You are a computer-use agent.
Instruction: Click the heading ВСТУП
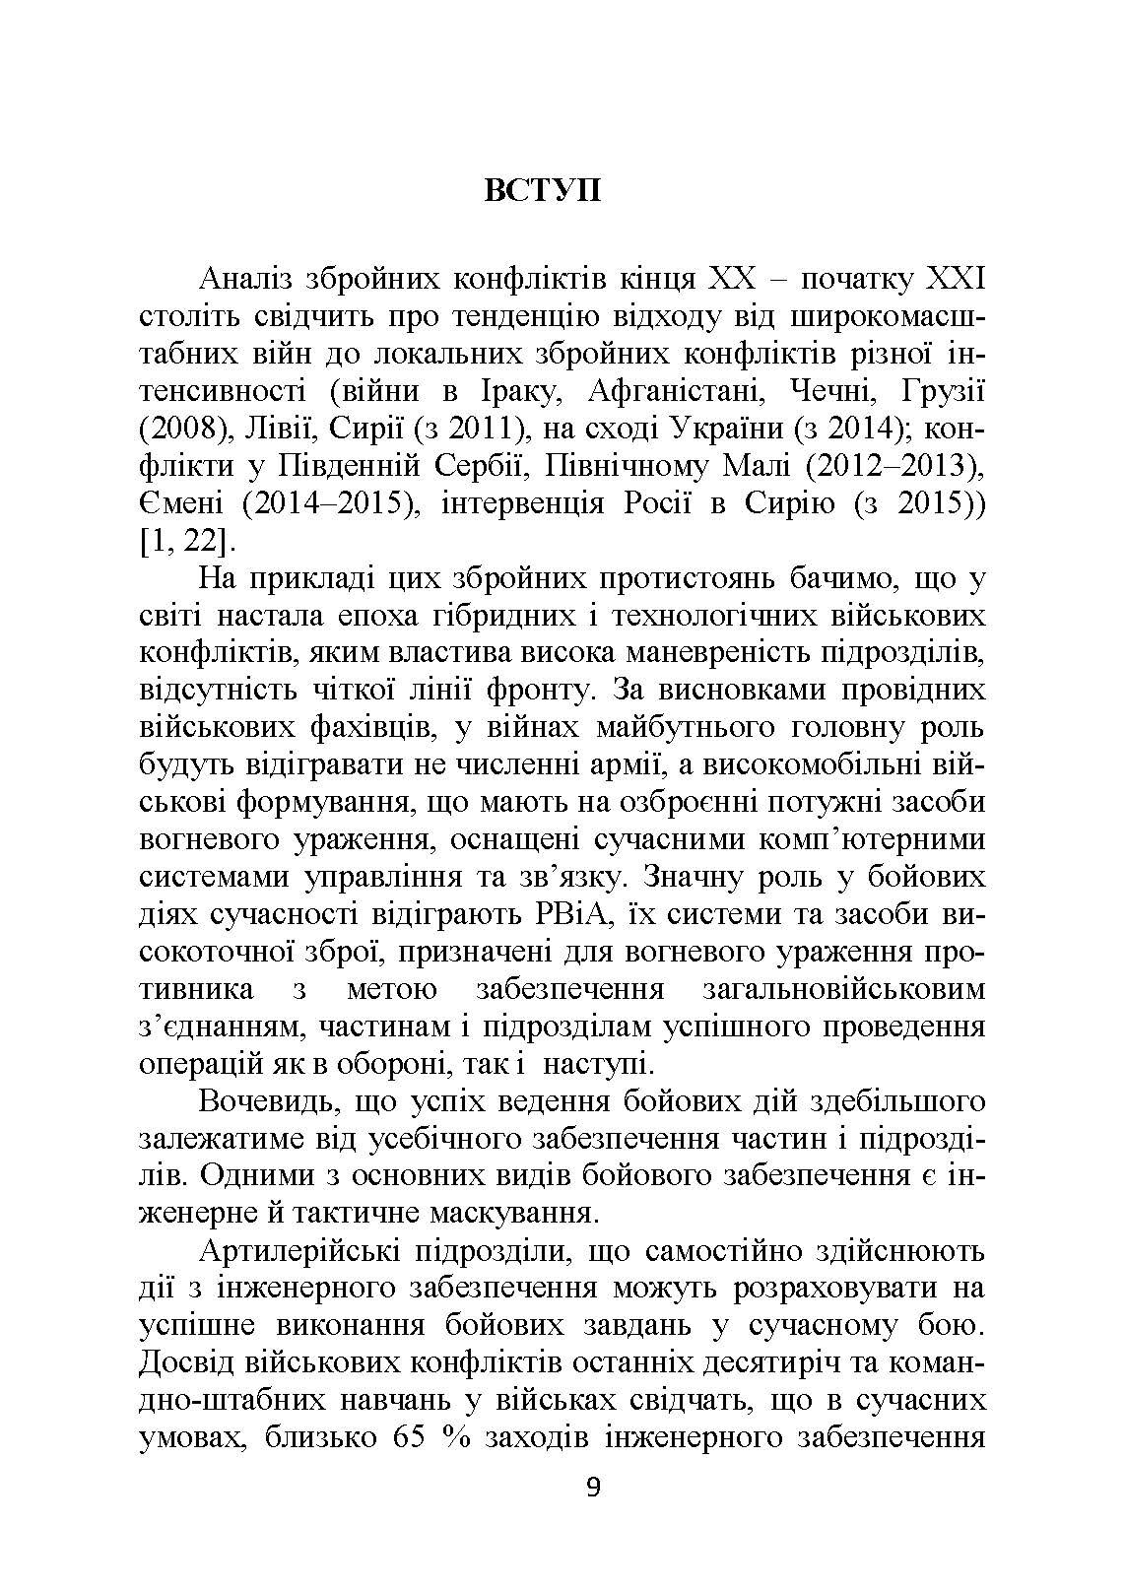click(542, 190)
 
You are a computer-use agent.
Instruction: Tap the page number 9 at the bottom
click(592, 1487)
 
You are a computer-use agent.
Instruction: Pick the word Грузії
click(942, 392)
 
